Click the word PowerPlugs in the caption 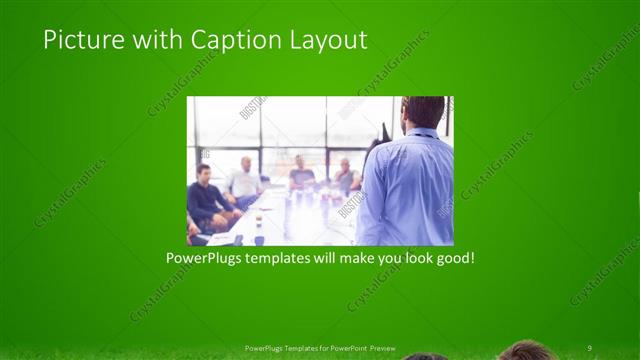click(205, 258)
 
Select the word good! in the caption click(453, 258)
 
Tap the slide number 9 click(589, 347)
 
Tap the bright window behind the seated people click(290, 125)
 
